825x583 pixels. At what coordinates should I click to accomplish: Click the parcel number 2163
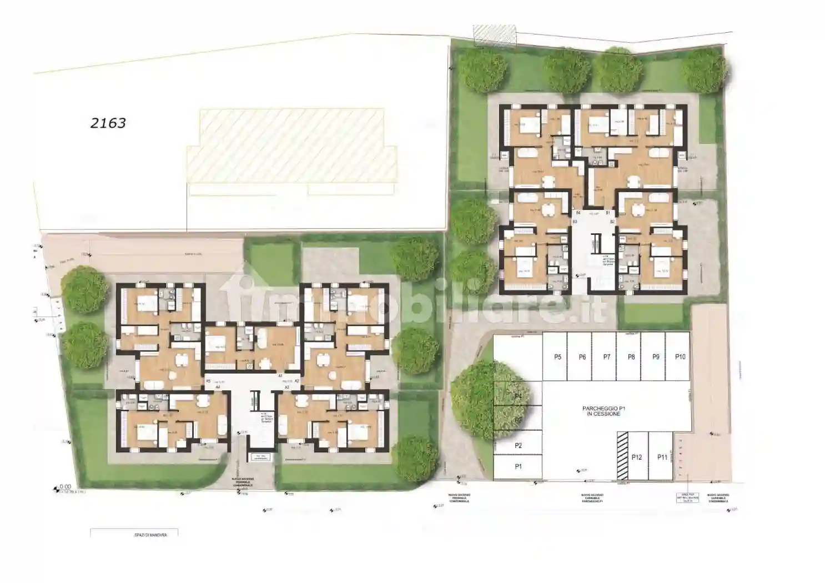(x=108, y=123)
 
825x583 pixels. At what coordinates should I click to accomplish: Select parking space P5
(x=557, y=357)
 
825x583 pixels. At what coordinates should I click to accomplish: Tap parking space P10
(x=680, y=357)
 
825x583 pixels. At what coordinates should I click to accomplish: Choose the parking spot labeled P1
(x=518, y=466)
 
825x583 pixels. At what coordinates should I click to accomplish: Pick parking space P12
(x=636, y=457)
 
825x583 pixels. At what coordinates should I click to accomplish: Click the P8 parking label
(x=631, y=357)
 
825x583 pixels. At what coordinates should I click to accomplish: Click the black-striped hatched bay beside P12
(x=622, y=455)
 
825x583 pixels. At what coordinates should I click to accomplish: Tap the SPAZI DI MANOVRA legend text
(x=150, y=535)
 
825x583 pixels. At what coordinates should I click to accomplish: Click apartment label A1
(x=281, y=376)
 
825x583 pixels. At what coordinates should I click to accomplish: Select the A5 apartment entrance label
(x=208, y=381)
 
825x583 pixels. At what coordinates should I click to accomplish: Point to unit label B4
(x=577, y=213)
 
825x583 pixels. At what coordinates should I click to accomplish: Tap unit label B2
(x=612, y=222)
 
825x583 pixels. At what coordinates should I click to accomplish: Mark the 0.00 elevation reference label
(x=66, y=486)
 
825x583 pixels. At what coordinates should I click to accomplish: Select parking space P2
(x=518, y=446)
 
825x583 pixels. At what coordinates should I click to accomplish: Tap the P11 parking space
(x=662, y=457)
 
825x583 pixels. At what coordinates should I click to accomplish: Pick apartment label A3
(x=287, y=387)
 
